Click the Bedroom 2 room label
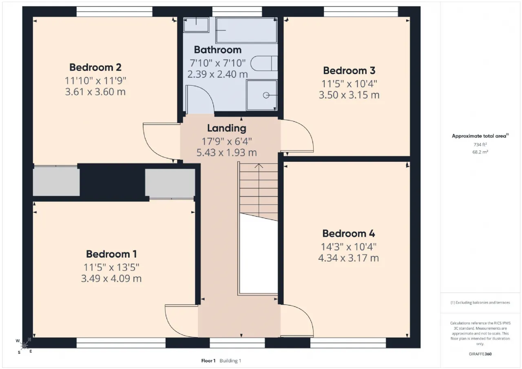95,67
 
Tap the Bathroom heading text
218,50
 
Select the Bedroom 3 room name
349,71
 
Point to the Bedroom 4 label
349,233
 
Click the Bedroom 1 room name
111,254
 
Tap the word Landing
227,128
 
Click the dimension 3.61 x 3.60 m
95,92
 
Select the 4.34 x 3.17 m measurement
349,258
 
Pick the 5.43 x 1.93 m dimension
227,153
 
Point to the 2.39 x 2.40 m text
218,74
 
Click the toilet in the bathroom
264,63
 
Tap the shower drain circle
266,95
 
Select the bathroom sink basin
196,25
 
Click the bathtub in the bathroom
246,30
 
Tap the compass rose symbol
24,346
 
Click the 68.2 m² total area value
480,152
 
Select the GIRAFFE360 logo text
480,354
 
